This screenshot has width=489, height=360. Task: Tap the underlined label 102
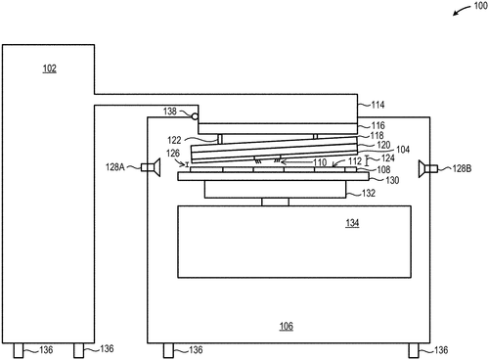(49, 68)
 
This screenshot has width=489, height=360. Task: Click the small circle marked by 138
(196, 117)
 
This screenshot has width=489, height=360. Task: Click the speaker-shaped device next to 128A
(153, 167)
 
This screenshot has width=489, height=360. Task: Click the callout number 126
(173, 152)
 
